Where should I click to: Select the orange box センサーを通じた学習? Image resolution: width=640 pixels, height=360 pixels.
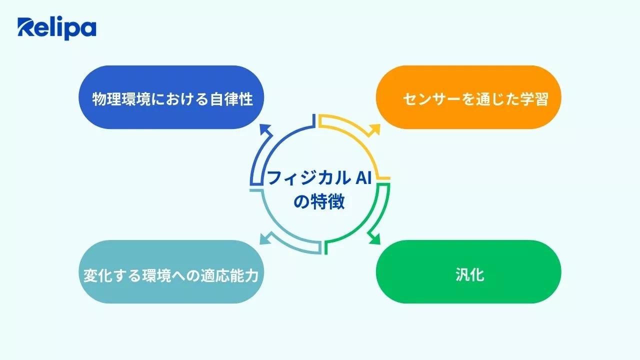tap(468, 97)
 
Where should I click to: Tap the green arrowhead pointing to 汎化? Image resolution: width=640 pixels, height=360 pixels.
tap(373, 238)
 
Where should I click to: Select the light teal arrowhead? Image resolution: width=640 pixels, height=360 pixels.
tap(265, 238)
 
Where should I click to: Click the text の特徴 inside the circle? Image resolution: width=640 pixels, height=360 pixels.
tap(319, 202)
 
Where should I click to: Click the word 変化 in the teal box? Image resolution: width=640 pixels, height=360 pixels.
tap(96, 275)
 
